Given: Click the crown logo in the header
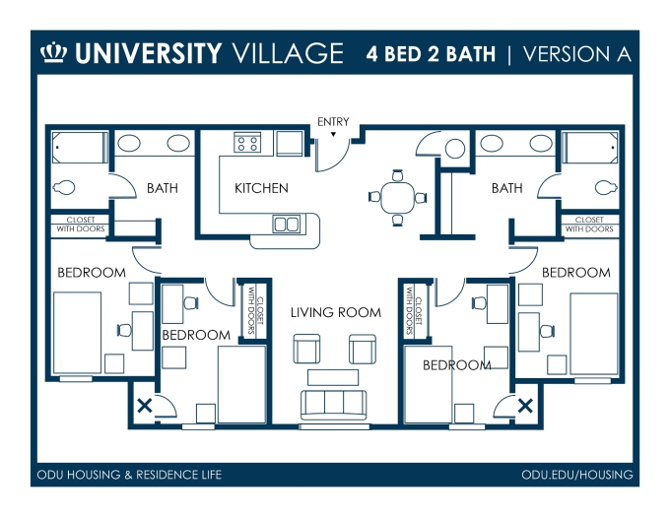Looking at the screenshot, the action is pos(54,53).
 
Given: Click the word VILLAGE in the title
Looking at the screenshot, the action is pos(287,53).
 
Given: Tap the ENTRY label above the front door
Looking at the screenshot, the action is pos(333,122).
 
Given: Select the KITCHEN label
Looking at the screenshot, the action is pos(261,188).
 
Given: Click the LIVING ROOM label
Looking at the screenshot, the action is pos(336,312).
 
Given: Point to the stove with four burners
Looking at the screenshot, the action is pos(247,142).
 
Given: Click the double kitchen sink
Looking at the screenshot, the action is pos(287,225).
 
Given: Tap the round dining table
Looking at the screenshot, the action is pos(398,197).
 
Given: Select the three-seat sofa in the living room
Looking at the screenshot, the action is pos(334,405).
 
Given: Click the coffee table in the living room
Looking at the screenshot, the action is pos(333,377).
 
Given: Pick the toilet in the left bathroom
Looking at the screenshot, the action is pos(64,187).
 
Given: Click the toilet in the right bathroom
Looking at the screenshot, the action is pos(606,187).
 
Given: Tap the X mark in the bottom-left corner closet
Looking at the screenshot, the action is pos(145,405).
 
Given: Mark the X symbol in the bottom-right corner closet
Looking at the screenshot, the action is pos(525,406).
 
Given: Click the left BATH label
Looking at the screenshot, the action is pos(163,188).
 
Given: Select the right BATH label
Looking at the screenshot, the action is pos(507,188).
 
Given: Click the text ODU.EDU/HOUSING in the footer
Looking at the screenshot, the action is pos(577,475).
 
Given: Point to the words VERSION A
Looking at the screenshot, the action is pos(577,54).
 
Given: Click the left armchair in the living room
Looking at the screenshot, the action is pos(306,349).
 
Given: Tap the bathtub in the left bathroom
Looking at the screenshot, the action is pos(80,148).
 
